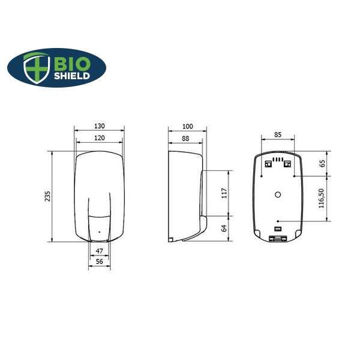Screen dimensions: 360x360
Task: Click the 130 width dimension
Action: pyautogui.click(x=99, y=126)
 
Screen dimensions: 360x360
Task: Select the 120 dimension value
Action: pyautogui.click(x=99, y=138)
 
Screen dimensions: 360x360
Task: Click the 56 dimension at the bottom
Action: pyautogui.click(x=99, y=262)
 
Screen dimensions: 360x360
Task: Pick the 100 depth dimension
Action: pyautogui.click(x=187, y=126)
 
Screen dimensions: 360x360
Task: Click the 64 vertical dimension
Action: pyautogui.click(x=225, y=228)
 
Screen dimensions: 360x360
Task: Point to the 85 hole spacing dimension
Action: pyautogui.click(x=278, y=135)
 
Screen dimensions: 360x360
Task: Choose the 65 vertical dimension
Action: pyautogui.click(x=322, y=163)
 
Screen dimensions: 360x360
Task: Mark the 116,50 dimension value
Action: pyautogui.click(x=322, y=198)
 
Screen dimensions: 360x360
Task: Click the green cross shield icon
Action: pyautogui.click(x=36, y=67)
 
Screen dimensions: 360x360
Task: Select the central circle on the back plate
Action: pyautogui.click(x=278, y=194)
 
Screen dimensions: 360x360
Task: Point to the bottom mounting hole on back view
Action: pyautogui.click(x=278, y=221)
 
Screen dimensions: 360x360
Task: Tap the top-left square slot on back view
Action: pyautogui.click(x=268, y=164)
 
